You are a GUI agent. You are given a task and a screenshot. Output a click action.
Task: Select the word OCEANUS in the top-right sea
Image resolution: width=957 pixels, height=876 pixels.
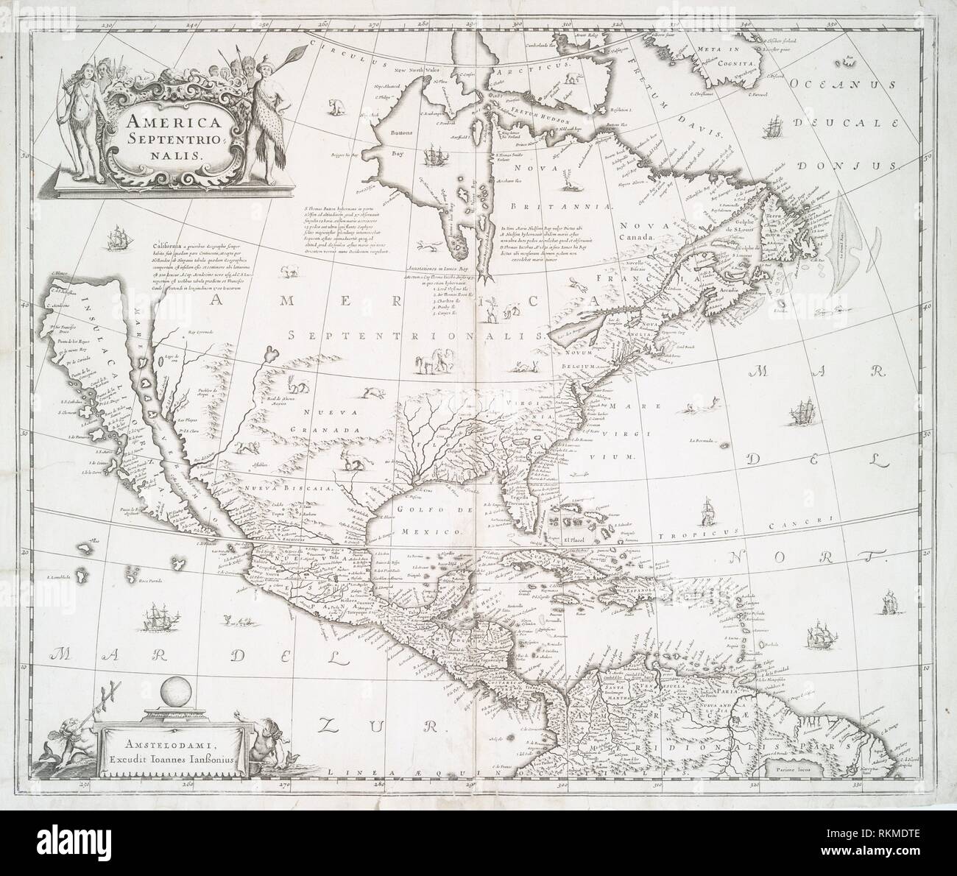tap(835, 83)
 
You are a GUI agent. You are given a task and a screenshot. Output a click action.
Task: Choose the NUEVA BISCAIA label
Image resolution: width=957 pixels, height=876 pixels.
tap(300, 487)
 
